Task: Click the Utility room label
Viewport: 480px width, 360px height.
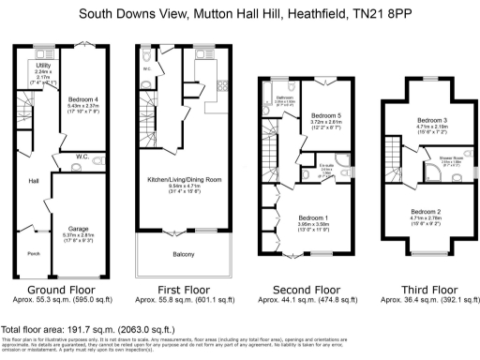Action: [42, 66]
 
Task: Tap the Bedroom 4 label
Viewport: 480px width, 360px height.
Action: [83, 98]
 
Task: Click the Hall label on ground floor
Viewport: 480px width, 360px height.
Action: [33, 181]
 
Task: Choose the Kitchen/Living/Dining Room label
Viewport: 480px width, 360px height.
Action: [184, 178]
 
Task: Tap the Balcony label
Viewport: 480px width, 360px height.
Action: [184, 254]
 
